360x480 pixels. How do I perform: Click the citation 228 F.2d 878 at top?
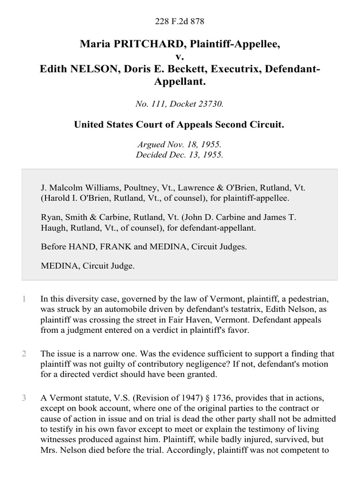point(180,22)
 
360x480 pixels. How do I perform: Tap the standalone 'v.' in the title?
point(180,57)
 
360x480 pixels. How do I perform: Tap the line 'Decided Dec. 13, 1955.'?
point(180,156)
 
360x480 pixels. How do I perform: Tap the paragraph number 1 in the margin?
point(23,299)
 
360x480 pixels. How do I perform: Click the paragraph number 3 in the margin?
point(23,398)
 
